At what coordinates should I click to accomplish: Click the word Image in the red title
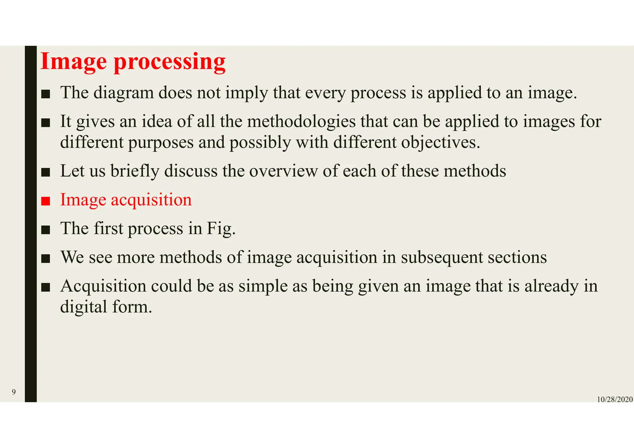(x=74, y=62)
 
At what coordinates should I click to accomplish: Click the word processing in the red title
(x=170, y=62)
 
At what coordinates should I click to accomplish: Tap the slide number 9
(x=14, y=392)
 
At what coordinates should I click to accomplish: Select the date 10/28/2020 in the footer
(x=614, y=399)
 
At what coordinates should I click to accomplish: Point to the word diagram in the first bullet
(x=124, y=93)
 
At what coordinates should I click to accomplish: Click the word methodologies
(x=302, y=121)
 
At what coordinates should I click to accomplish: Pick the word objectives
(x=441, y=142)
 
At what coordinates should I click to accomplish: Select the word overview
(x=284, y=171)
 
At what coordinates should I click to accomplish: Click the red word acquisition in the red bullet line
(x=151, y=200)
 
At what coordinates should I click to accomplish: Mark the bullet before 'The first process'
(x=46, y=230)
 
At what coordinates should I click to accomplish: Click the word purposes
(x=161, y=142)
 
